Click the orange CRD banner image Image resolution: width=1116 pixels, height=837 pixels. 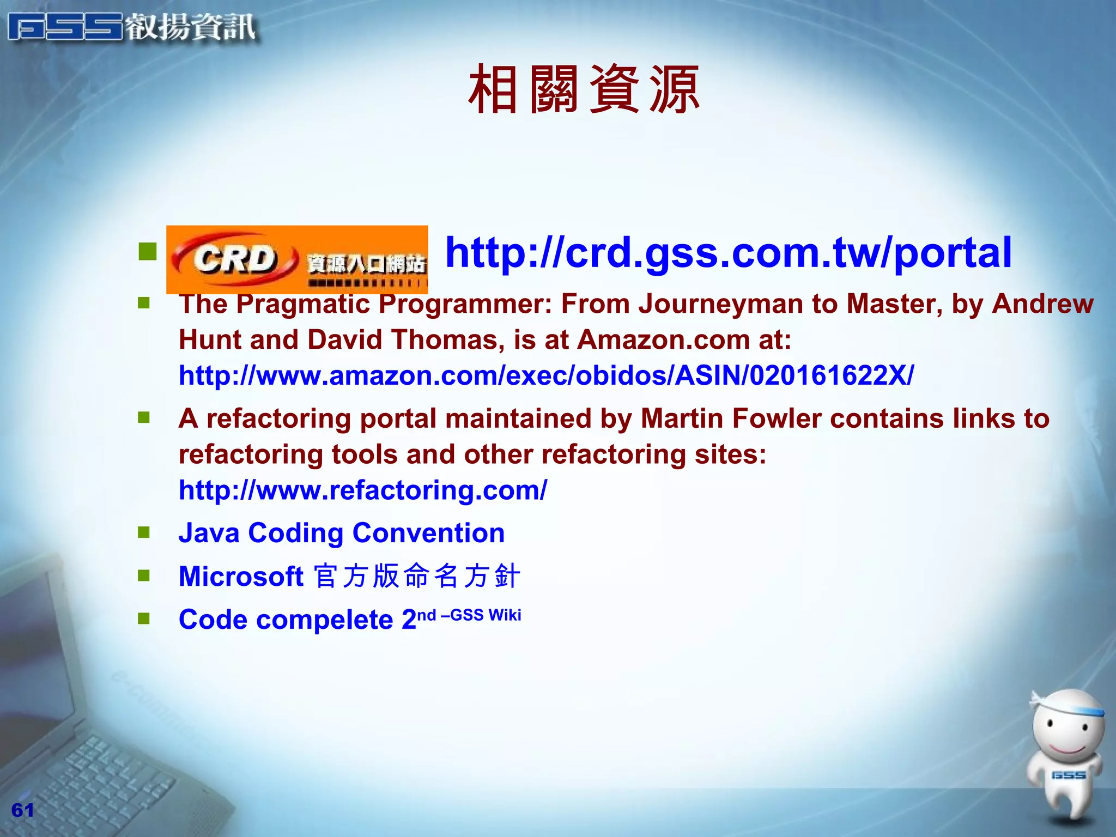pos(297,259)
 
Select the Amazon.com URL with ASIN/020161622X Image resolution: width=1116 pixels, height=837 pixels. pos(546,375)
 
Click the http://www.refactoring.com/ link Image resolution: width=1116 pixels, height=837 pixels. pos(363,490)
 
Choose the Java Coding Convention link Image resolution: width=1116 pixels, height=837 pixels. pos(342,532)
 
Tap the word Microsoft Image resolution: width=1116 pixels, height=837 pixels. pos(241,576)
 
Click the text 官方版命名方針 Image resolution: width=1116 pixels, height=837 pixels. pos(417,576)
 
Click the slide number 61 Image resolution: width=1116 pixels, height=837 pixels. pos(22,810)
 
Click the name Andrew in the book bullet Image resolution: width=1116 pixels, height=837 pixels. pos(1042,304)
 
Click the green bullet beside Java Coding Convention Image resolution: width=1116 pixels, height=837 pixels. pos(144,532)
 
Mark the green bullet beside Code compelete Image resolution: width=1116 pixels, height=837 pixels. pos(144,618)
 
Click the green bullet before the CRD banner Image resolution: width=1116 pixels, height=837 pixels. pos(148,251)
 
